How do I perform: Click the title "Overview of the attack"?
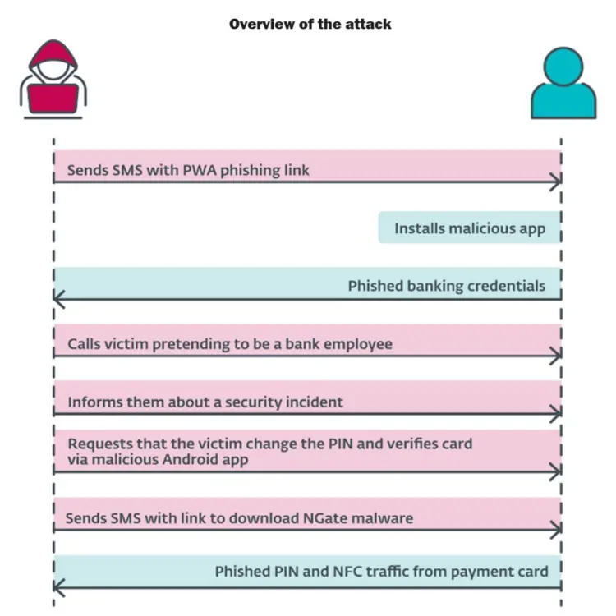pos(310,24)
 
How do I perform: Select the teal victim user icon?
pos(563,84)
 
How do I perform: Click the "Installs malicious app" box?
pos(469,228)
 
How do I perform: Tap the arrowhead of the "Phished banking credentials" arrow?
pos(57,299)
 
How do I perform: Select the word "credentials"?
pos(506,286)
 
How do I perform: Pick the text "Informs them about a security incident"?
pos(205,402)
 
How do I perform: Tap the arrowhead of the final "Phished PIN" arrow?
pos(57,586)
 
